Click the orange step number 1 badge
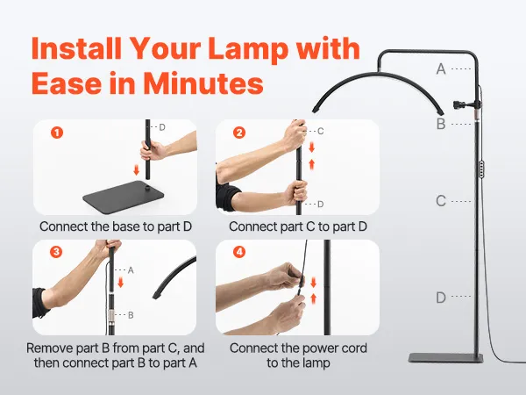coord(57,133)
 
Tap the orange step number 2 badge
coord(238,133)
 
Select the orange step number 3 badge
coord(56,252)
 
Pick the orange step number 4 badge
coord(238,252)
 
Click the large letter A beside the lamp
coord(441,68)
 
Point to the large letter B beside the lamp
coord(441,124)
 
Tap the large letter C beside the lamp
coord(441,201)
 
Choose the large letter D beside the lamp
coord(441,298)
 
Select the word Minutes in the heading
coord(203,83)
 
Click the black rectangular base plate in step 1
coord(123,196)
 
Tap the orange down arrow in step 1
coord(136,170)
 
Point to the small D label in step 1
coord(162,127)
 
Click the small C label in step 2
coord(320,131)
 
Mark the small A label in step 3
coord(131,270)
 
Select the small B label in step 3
coord(131,315)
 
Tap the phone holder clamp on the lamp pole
coord(464,104)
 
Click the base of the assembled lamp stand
coord(446,358)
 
